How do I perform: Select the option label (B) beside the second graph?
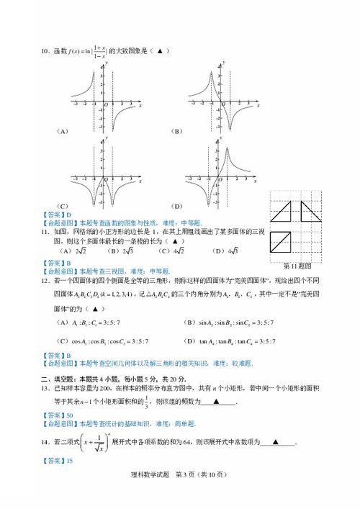coord(176,131)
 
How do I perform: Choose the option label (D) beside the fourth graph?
coord(176,207)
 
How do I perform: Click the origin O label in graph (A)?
coord(109,103)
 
